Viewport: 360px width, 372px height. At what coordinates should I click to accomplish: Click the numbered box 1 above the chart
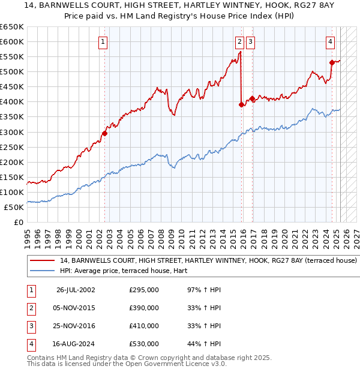(104, 42)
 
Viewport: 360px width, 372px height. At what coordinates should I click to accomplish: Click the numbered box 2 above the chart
(239, 42)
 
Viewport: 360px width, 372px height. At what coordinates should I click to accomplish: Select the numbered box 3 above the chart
(250, 42)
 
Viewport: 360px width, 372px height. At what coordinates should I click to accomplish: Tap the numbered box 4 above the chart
(331, 42)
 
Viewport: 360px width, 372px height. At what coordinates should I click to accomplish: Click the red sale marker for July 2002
(104, 133)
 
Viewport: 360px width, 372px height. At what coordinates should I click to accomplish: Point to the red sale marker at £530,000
(332, 62)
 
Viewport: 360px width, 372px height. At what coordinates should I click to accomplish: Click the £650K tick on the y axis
(12, 27)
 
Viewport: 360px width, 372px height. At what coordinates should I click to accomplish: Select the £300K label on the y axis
(12, 132)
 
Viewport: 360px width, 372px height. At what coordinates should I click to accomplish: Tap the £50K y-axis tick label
(14, 207)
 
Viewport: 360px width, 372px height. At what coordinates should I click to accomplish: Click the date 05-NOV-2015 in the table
(76, 308)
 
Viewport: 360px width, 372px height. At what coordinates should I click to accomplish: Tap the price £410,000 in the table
(144, 326)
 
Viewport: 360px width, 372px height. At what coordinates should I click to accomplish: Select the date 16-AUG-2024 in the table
(76, 344)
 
